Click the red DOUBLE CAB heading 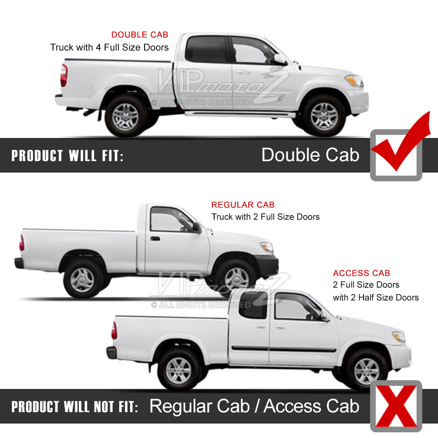tap(140, 35)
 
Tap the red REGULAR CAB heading tap(243, 205)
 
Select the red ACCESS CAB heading tap(361, 273)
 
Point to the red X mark tap(396, 406)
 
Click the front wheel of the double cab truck tap(324, 116)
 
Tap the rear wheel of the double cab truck tap(126, 117)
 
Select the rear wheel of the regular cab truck tap(83, 279)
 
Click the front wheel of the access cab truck tap(367, 371)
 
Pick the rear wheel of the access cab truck tap(179, 371)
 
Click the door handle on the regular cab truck tap(155, 239)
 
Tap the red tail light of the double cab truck tap(64, 75)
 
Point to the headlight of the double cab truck tap(354, 81)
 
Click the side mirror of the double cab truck tap(280, 60)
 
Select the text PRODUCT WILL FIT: tap(67, 155)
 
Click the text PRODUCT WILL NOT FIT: tap(74, 407)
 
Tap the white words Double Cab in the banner tap(311, 155)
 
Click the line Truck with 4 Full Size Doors tap(109, 47)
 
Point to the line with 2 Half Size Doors tap(376, 297)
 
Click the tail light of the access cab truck tap(114, 330)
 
